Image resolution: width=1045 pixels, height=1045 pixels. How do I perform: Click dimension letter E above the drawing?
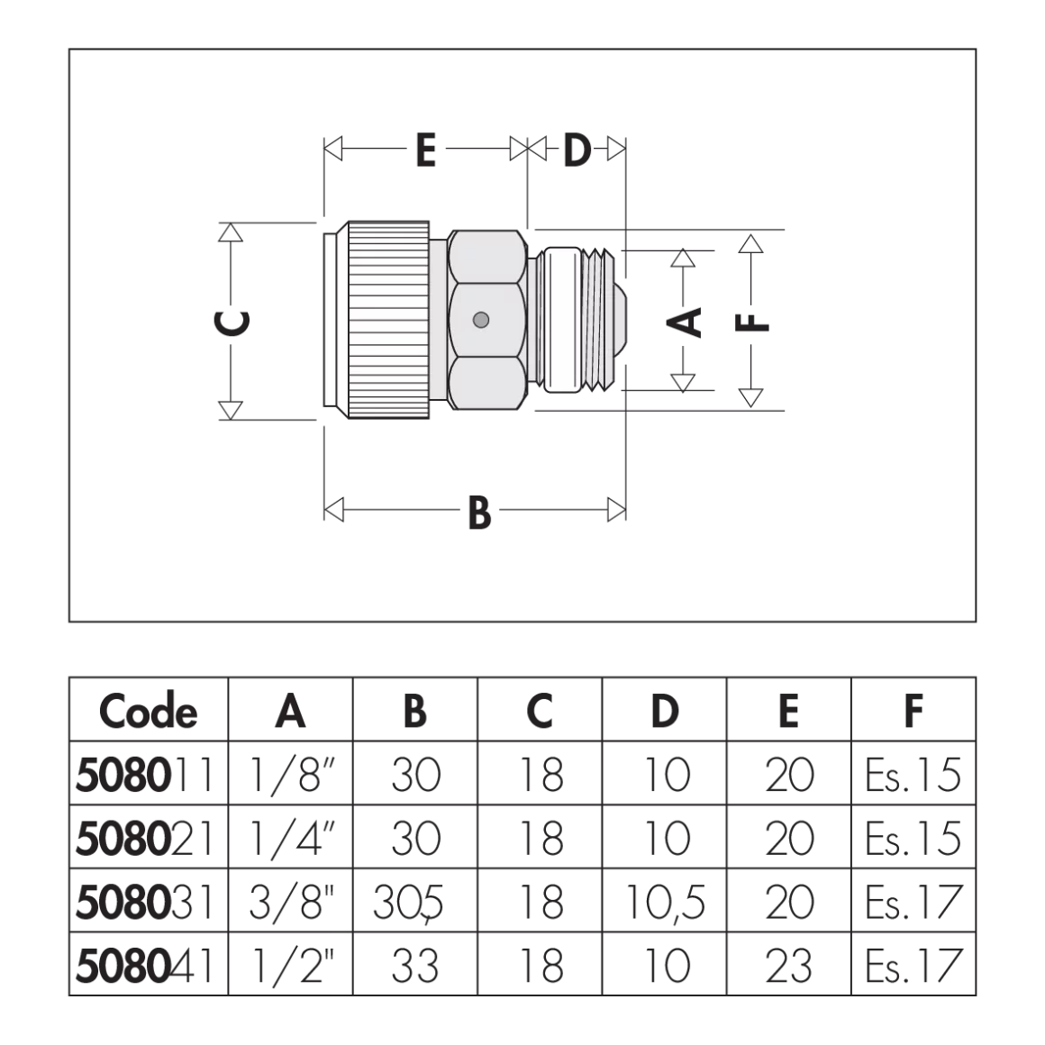(426, 150)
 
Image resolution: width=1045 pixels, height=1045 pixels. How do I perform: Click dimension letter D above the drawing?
(577, 150)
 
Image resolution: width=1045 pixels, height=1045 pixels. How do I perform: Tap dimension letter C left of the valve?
(232, 322)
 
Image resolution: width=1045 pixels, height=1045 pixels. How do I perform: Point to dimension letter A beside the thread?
(684, 322)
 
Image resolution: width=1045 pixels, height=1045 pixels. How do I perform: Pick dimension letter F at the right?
(751, 323)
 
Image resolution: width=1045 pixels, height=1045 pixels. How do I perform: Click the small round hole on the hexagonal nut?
(480, 321)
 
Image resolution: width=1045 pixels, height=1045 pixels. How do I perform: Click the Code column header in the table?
(148, 711)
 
